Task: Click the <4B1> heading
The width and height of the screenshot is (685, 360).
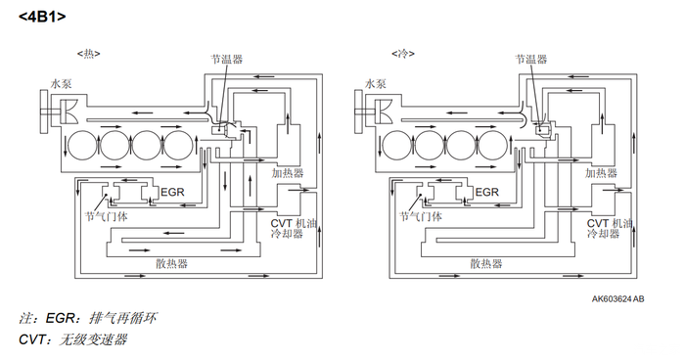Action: tap(42, 17)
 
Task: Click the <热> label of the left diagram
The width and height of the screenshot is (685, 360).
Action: tap(89, 54)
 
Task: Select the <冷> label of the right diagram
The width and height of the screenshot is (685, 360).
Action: tap(403, 54)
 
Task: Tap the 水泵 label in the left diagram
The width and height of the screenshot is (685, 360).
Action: tap(61, 83)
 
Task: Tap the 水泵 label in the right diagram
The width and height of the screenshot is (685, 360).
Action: tap(375, 83)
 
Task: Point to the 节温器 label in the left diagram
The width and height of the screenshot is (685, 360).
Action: tap(226, 59)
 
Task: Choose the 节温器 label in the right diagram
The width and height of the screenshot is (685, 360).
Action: tap(530, 59)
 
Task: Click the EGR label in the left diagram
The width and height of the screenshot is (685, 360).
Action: tap(172, 193)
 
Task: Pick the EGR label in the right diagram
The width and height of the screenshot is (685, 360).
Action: tap(486, 193)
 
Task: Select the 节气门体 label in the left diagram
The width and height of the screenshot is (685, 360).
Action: tap(106, 216)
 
